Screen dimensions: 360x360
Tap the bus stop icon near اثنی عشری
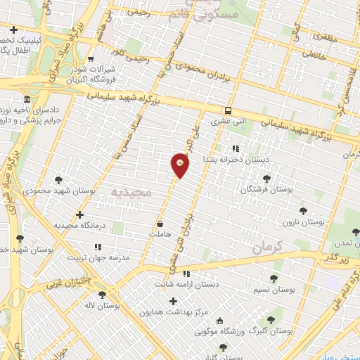pos(228,110)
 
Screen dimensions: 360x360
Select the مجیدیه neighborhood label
pos(131,192)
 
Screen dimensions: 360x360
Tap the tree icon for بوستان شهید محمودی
pos(58,180)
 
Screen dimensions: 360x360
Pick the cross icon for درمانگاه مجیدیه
pos(79,214)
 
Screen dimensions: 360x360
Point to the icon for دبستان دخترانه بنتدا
pos(236,148)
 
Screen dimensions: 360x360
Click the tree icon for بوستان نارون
pos(303,210)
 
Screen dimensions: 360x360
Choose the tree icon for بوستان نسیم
pos(274,268)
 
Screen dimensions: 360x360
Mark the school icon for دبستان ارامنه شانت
pos(186,274)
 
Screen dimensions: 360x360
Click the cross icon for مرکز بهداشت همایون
pos(173,301)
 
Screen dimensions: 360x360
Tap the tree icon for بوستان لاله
pos(103,295)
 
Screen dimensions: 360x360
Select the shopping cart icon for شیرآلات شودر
pos(91,60)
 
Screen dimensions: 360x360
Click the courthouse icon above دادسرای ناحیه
pos(27,99)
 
